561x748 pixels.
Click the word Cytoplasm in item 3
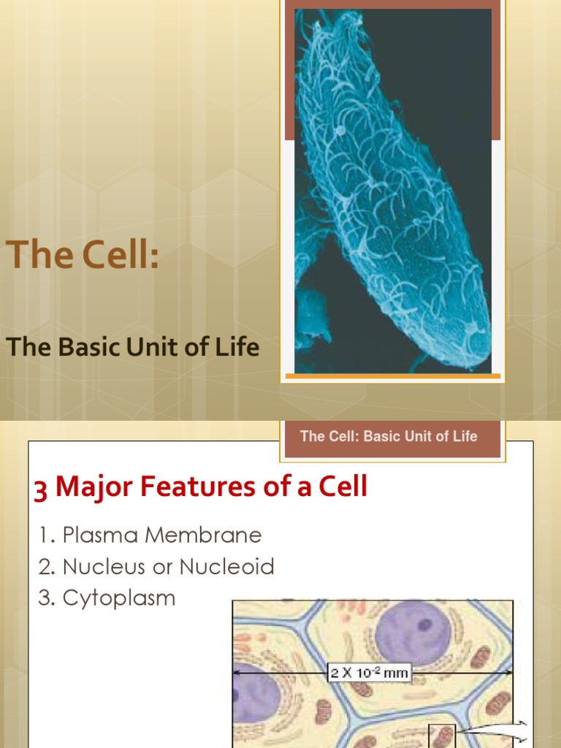pos(119,598)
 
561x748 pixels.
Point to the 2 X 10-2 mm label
pos(369,672)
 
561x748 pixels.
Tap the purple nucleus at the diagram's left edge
pos(252,694)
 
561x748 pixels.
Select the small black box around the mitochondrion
pos(442,736)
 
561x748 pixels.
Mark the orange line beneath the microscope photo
pos(392,376)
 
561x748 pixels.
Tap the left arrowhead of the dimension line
pos(237,671)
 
